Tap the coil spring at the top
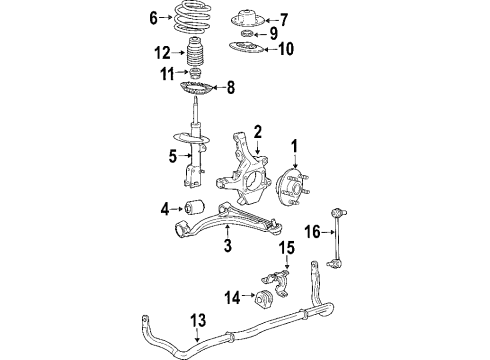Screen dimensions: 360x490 pyautogui.click(x=193, y=21)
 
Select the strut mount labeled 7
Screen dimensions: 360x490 pyautogui.click(x=246, y=20)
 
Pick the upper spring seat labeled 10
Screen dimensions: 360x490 pyautogui.click(x=246, y=49)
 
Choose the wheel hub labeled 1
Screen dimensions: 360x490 pyautogui.click(x=293, y=185)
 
